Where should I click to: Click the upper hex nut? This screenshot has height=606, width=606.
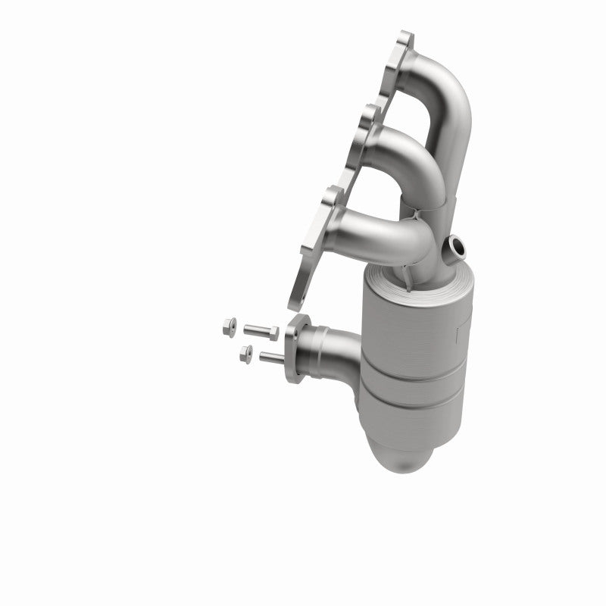click(229, 328)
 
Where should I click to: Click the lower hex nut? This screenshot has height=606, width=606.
click(245, 351)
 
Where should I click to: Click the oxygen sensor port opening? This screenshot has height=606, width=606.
click(458, 245)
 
